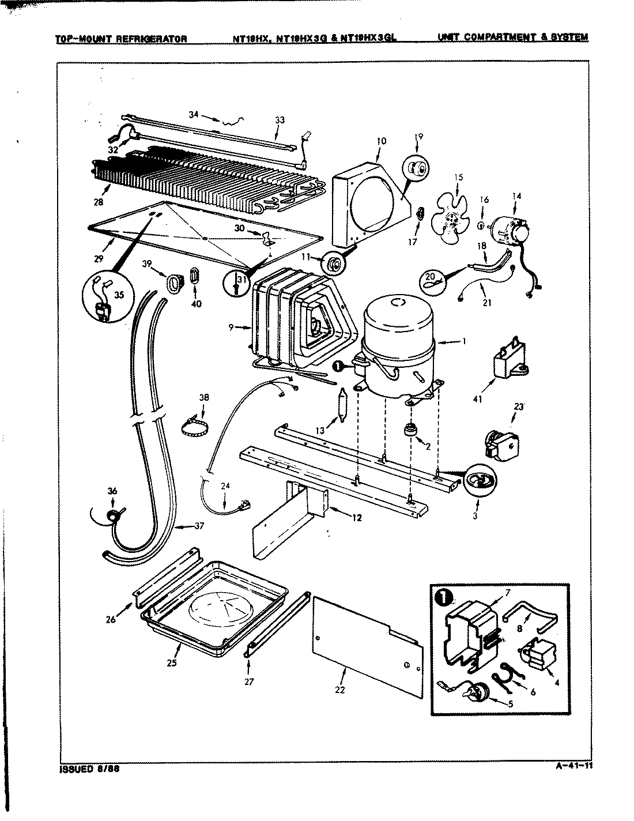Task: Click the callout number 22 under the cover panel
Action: point(339,690)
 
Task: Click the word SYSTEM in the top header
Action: point(570,37)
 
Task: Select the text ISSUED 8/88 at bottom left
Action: point(89,769)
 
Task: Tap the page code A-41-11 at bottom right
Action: point(573,766)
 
